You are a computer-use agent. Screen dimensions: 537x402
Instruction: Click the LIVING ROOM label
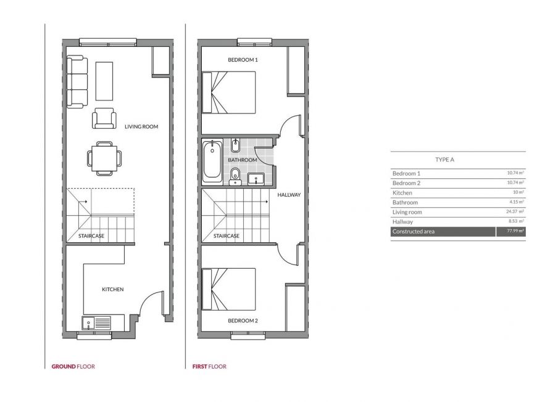pos(141,126)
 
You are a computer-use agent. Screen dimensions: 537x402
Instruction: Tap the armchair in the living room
pos(104,118)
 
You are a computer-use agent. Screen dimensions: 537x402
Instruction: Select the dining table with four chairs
pos(104,158)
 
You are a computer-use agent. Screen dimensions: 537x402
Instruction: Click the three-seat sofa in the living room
pos(77,83)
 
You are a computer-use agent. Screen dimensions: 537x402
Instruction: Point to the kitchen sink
pos(88,323)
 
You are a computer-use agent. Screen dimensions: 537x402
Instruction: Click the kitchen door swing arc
pos(148,298)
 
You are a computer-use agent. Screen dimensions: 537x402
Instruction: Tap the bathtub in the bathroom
pos(212,162)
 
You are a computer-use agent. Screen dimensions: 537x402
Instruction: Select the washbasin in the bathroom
pos(256,179)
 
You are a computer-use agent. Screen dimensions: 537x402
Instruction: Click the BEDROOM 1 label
pos(243,60)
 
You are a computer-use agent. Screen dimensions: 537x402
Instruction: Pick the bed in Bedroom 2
pos(229,289)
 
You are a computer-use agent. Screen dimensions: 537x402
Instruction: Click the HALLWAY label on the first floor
pos(289,195)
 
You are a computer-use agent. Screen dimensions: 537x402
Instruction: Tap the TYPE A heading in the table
pos(444,160)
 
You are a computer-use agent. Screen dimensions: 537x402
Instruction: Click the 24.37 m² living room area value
pos(515,211)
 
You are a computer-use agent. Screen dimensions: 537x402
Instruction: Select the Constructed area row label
pos(414,232)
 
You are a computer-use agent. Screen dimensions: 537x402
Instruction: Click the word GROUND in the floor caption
pos(64,366)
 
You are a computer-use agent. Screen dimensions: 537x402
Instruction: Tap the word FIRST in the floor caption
pos(200,366)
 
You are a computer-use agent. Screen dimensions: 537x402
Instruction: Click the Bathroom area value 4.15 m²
pos(517,202)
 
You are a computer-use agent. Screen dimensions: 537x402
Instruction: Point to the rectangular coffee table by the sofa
pos(104,81)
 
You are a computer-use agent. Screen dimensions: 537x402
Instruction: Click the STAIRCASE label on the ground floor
pos(91,236)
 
